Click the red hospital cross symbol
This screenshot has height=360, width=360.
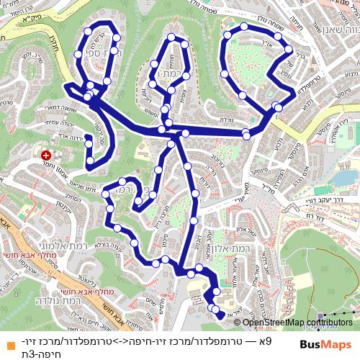coord(47,154)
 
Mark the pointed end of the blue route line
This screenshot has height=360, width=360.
coord(221,315)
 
